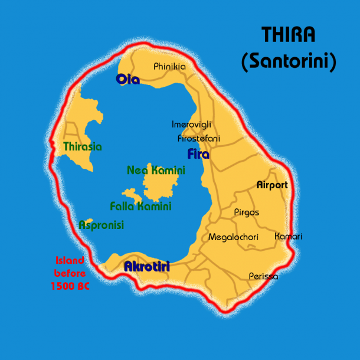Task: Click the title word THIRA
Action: [289, 35]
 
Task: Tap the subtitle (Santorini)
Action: [289, 61]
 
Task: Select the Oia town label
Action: [128, 79]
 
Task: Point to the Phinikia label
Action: [169, 67]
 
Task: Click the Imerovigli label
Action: [191, 125]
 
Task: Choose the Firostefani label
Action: [199, 138]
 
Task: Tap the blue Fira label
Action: [198, 154]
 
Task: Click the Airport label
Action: [272, 185]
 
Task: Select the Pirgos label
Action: [246, 212]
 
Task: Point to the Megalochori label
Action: [233, 237]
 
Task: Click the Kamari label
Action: [288, 236]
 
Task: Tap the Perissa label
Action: [263, 276]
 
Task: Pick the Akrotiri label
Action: [147, 267]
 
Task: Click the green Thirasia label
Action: [83, 146]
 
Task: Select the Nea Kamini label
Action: [156, 171]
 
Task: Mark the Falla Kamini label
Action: [140, 206]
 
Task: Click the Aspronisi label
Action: [102, 225]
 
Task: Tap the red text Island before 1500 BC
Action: [70, 273]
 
